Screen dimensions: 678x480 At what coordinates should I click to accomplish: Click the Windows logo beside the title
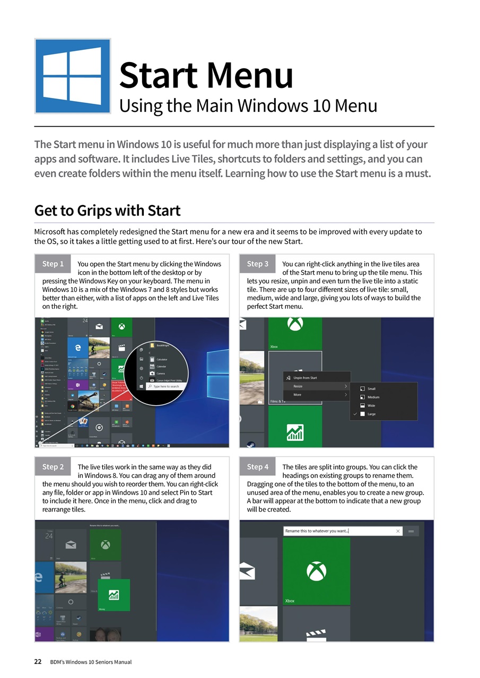click(72, 76)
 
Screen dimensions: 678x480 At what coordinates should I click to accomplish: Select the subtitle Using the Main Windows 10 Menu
click(248, 106)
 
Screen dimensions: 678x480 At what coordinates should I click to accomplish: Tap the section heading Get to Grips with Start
click(107, 210)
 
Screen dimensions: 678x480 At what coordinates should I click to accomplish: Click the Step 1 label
click(53, 264)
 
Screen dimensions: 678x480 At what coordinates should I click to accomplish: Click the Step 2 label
click(53, 467)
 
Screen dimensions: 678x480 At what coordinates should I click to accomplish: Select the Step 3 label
click(258, 264)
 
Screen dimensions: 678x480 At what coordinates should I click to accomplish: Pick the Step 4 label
click(258, 467)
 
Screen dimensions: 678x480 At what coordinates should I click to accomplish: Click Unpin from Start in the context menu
click(305, 378)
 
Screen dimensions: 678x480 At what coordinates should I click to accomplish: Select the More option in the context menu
click(298, 395)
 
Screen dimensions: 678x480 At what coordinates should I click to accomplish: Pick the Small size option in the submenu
click(372, 389)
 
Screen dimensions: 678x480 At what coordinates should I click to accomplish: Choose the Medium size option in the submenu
click(373, 397)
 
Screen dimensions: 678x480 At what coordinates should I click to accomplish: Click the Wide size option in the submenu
click(371, 406)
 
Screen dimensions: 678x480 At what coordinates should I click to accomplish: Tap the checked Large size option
click(371, 414)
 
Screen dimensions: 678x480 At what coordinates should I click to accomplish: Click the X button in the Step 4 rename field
click(398, 531)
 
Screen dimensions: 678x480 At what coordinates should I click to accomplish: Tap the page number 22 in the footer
click(38, 662)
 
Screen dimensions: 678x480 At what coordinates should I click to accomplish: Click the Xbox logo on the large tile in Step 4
click(316, 572)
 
